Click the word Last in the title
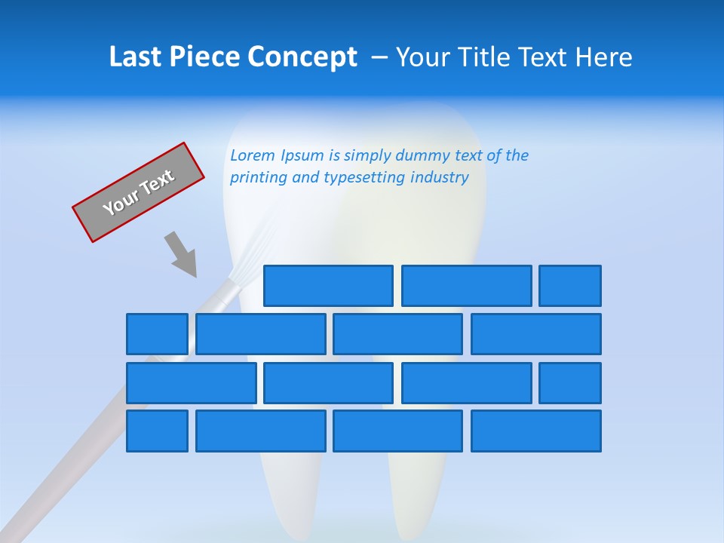click(x=136, y=57)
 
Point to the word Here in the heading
click(x=603, y=57)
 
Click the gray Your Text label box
click(x=139, y=192)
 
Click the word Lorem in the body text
click(x=253, y=155)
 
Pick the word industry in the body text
click(x=440, y=178)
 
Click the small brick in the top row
click(x=570, y=286)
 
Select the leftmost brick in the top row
click(x=328, y=286)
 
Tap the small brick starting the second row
click(x=157, y=334)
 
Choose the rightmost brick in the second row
click(x=536, y=334)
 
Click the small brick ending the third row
click(x=570, y=383)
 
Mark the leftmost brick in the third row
click(x=192, y=383)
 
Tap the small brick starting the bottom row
click(x=157, y=431)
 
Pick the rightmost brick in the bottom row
click(x=536, y=431)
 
